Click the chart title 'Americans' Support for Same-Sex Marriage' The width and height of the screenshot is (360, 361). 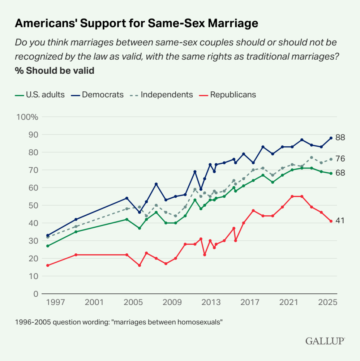coord(136,23)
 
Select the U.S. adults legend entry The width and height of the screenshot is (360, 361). coord(40,95)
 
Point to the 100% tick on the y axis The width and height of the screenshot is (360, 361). coord(27,117)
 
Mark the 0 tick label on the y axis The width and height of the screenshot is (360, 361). coord(36,294)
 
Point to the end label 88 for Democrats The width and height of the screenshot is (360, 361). coord(340,138)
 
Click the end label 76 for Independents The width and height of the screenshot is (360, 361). coord(340,159)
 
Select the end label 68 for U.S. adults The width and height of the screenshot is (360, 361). coord(340,173)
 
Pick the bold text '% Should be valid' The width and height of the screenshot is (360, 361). coord(55,70)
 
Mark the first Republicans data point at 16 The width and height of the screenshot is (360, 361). coord(48,266)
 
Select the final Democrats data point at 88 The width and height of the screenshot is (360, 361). coord(331,138)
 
